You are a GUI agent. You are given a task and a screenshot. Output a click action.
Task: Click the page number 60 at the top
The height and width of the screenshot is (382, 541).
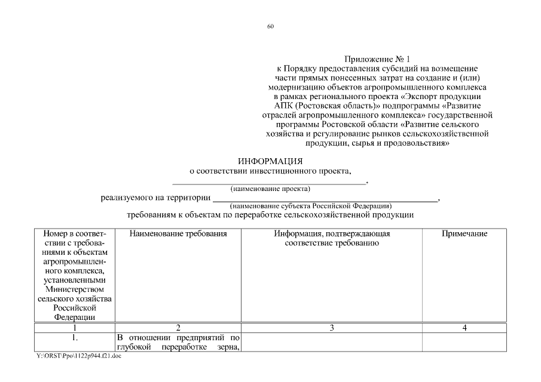click(270, 26)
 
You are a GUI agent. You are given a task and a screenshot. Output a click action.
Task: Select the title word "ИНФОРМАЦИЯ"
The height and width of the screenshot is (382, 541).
click(270, 161)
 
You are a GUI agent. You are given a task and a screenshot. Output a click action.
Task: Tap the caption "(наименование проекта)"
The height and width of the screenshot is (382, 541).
click(270, 189)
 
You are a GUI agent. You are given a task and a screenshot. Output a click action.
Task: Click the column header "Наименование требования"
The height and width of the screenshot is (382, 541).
click(178, 234)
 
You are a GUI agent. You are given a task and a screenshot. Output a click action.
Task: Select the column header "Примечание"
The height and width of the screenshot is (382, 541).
click(464, 234)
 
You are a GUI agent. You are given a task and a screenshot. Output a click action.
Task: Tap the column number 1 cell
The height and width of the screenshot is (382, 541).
click(75, 328)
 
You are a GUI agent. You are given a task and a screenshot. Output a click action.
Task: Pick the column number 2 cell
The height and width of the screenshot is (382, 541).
click(178, 328)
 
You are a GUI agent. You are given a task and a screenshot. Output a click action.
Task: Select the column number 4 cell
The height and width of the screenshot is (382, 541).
click(464, 328)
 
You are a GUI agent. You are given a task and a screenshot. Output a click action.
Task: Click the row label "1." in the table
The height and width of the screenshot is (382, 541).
click(75, 338)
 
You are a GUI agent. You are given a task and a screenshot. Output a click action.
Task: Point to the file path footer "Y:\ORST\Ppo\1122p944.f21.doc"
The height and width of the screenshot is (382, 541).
click(75, 356)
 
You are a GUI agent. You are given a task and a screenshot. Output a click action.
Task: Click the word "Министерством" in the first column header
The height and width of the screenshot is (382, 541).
click(75, 289)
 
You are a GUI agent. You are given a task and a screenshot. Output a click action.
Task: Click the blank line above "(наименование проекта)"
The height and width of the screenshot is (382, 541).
click(269, 181)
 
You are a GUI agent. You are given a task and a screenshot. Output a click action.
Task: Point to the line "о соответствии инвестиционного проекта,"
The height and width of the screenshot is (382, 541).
click(270, 171)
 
